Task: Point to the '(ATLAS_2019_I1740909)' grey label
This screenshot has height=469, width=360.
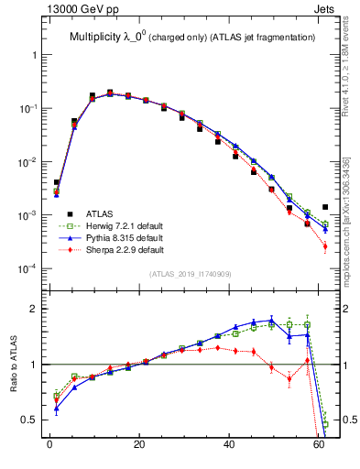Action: click(x=191, y=274)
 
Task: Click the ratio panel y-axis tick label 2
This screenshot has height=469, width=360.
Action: click(x=34, y=309)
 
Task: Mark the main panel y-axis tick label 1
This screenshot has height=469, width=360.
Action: click(x=34, y=55)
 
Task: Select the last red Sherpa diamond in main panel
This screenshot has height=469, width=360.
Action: click(x=325, y=246)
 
